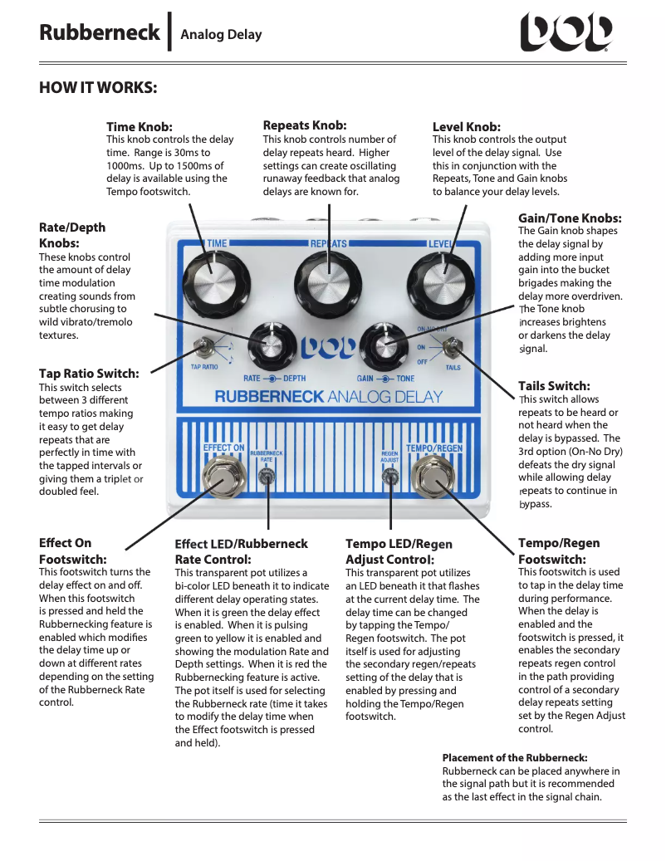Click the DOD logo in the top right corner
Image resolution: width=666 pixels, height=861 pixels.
[566, 34]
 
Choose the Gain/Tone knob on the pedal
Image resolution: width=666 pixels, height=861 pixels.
[384, 345]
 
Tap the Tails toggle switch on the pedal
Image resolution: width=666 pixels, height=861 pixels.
[453, 347]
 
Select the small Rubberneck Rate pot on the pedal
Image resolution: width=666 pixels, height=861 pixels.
[267, 477]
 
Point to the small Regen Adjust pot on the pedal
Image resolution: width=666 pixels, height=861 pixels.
[390, 477]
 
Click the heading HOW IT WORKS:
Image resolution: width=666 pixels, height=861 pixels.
[98, 88]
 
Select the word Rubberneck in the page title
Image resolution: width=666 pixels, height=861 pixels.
[99, 33]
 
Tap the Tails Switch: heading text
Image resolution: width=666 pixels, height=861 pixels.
[554, 386]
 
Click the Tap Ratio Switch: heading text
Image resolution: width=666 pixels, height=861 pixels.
[89, 374]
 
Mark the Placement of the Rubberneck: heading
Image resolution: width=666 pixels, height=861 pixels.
[514, 758]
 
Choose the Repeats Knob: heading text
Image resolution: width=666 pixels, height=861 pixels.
[304, 125]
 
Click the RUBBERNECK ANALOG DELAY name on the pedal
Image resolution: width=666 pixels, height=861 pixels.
[329, 396]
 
